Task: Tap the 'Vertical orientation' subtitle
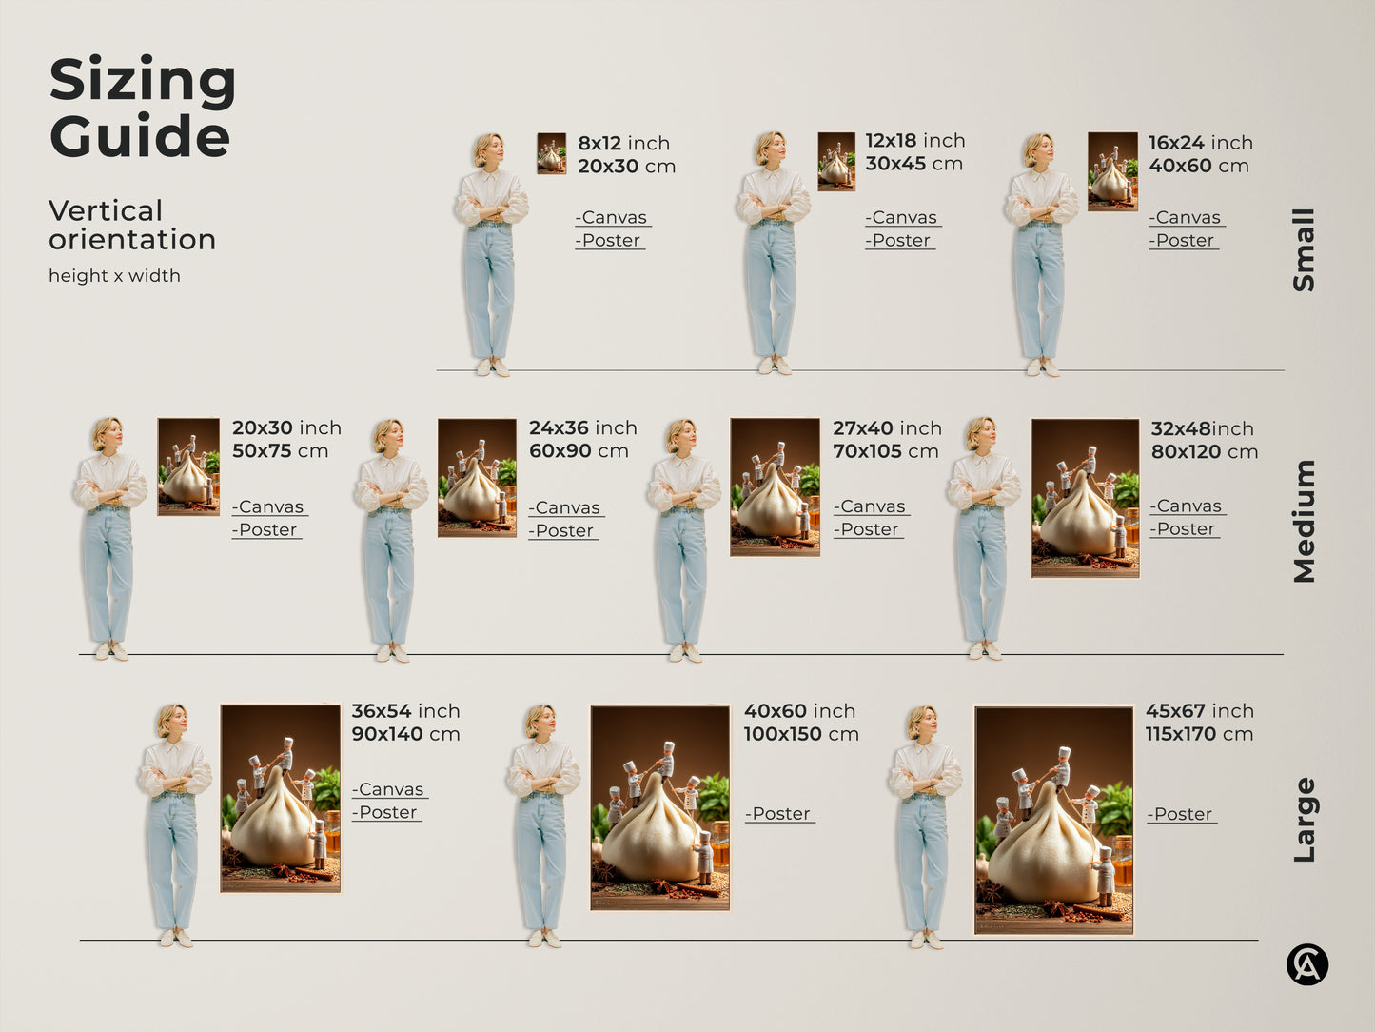pyautogui.click(x=132, y=225)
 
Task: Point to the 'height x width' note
pyautogui.click(x=114, y=276)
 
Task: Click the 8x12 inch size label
pyautogui.click(x=623, y=143)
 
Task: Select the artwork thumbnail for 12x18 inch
pyautogui.click(x=836, y=161)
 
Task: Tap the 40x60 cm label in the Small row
pyautogui.click(x=1198, y=166)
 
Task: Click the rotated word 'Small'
pyautogui.click(x=1304, y=249)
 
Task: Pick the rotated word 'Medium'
pyautogui.click(x=1304, y=521)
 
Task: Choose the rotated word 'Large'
pyautogui.click(x=1304, y=820)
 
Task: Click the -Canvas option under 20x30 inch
pyautogui.click(x=270, y=507)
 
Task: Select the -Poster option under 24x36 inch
pyautogui.click(x=563, y=531)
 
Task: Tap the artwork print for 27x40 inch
pyautogui.click(x=775, y=486)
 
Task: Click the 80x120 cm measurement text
pyautogui.click(x=1204, y=452)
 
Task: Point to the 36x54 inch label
pyautogui.click(x=405, y=711)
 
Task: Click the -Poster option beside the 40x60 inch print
pyautogui.click(x=779, y=814)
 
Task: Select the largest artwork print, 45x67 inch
pyautogui.click(x=1053, y=820)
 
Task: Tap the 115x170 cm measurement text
pyautogui.click(x=1199, y=734)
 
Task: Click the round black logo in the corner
pyautogui.click(x=1306, y=964)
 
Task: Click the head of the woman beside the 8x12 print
pyautogui.click(x=488, y=149)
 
